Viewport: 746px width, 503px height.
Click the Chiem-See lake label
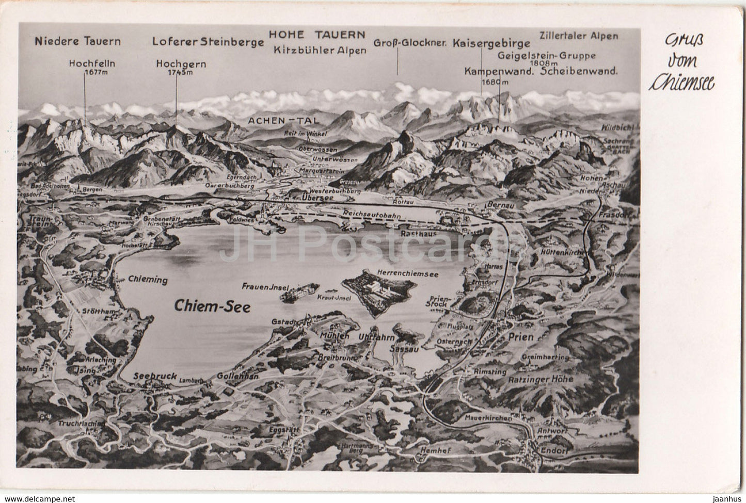(212, 306)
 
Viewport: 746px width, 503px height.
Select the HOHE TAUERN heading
(316, 34)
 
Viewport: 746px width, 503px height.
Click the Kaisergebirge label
(491, 44)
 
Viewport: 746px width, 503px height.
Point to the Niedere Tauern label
(78, 41)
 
